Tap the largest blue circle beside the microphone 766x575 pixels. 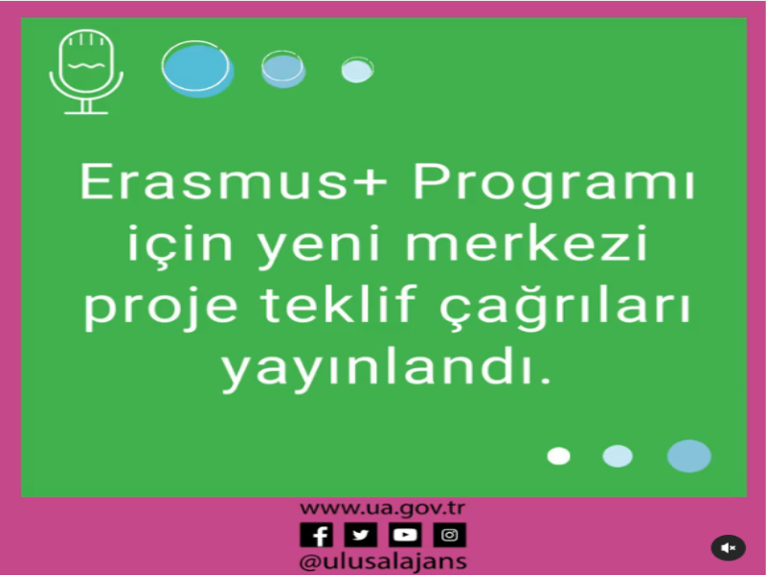click(198, 69)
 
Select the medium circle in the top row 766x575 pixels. click(282, 69)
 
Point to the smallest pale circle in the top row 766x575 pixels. click(357, 70)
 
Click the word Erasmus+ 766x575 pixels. click(234, 181)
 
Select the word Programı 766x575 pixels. click(554, 184)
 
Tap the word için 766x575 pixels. click(180, 246)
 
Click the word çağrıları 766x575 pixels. click(565, 307)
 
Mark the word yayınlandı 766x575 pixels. click(386, 369)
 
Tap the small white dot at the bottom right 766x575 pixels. click(558, 456)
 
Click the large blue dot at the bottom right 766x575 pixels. click(688, 456)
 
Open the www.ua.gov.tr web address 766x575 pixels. click(382, 509)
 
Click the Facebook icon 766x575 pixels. click(317, 535)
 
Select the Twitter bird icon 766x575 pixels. click(361, 535)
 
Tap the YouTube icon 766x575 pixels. click(405, 535)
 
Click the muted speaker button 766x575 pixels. click(728, 547)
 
